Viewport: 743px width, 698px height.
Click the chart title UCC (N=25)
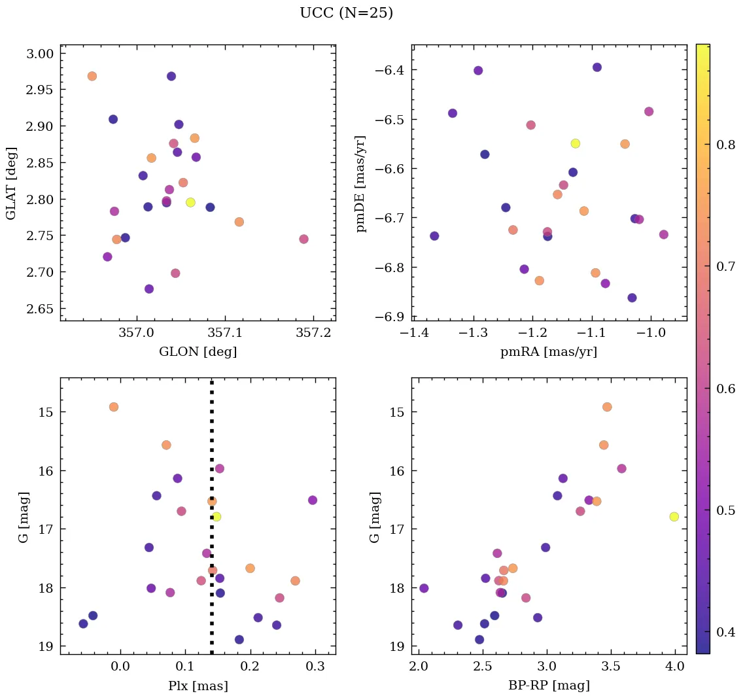(x=346, y=13)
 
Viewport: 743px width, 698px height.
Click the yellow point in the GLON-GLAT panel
(x=190, y=202)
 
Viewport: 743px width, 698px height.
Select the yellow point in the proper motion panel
(x=575, y=143)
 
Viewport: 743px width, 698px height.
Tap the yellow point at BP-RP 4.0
(x=674, y=517)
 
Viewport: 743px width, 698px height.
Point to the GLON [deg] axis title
(x=198, y=352)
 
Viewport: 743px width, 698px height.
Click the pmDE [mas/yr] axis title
(x=360, y=183)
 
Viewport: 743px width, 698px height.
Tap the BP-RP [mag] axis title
(x=549, y=686)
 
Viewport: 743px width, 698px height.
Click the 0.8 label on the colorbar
(x=727, y=144)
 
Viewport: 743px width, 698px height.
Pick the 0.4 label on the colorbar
(x=727, y=633)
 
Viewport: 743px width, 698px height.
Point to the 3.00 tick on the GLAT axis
(x=39, y=54)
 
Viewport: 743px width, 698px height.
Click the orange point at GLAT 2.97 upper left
(x=92, y=76)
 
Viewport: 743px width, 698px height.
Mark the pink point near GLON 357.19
(x=303, y=239)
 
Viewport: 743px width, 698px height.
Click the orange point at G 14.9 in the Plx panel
(x=114, y=407)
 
